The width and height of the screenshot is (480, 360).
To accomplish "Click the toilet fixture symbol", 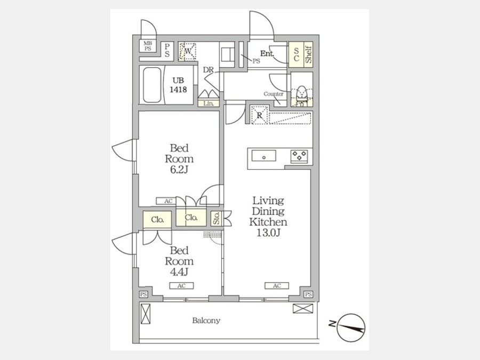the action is (x=302, y=95).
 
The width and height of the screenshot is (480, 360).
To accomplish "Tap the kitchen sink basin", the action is (x=263, y=156).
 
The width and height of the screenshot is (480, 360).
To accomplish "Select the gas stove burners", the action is (x=299, y=156).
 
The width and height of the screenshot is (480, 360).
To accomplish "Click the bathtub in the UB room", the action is (x=152, y=85).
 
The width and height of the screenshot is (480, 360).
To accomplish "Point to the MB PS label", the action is (x=148, y=46).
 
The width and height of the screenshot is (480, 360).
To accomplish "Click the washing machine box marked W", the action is (x=187, y=51).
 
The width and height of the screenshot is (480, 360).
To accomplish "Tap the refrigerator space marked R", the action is (x=260, y=115).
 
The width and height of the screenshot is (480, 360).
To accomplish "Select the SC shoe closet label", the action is (x=297, y=54).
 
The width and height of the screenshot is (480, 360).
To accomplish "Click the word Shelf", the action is (x=309, y=54).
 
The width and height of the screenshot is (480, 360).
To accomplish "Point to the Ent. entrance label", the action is (x=267, y=54).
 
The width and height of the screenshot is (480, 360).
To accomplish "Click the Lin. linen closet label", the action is (x=209, y=103).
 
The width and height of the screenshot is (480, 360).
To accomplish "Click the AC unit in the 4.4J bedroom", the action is (x=181, y=286).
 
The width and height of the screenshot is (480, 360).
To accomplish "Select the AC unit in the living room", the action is (x=277, y=286).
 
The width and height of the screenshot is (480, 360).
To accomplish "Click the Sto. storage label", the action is (x=217, y=218).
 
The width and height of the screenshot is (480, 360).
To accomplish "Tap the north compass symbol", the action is (x=351, y=327).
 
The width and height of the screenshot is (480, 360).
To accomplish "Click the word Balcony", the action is (x=206, y=321).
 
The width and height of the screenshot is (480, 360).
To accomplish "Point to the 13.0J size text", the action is (x=268, y=233).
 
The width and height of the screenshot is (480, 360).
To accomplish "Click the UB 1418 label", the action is (x=178, y=85).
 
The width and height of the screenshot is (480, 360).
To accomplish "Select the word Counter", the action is (x=274, y=94).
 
